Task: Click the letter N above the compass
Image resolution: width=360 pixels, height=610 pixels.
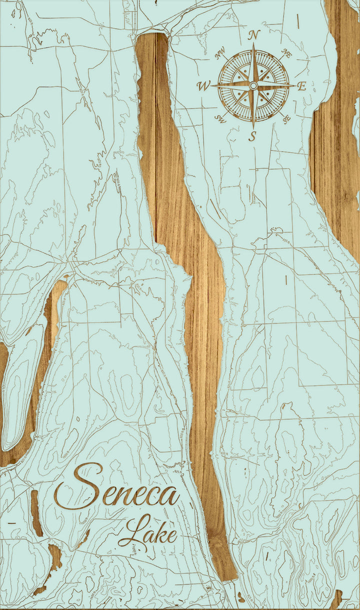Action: pyautogui.click(x=254, y=35)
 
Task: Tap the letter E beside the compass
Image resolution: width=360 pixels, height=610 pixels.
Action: pyautogui.click(x=301, y=86)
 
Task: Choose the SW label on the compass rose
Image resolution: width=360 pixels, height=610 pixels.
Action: pyautogui.click(x=220, y=118)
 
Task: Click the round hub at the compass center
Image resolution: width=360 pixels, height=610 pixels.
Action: pyautogui.click(x=253, y=86)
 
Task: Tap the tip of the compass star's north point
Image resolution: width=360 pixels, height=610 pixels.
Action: pyautogui.click(x=253, y=44)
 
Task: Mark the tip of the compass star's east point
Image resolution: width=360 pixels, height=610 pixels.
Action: pyautogui.click(x=294, y=86)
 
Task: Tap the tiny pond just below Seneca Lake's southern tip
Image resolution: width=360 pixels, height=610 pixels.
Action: pyautogui.click(x=242, y=598)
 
